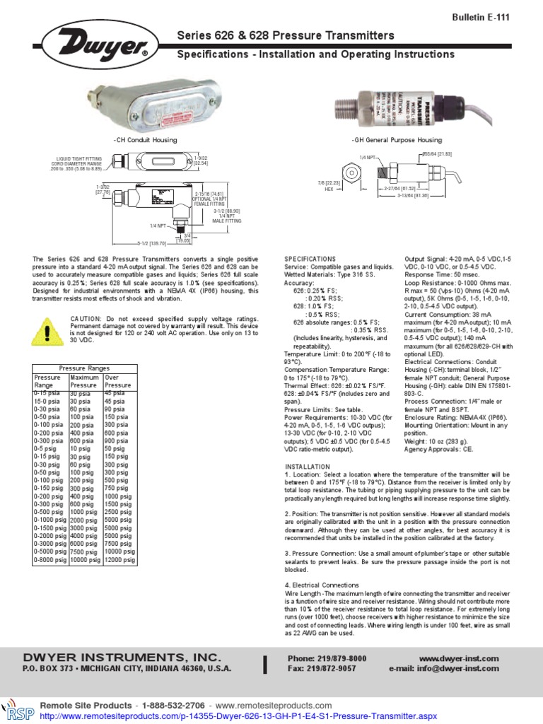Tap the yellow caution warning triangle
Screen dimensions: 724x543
click(47, 329)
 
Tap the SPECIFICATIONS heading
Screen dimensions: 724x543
click(310, 259)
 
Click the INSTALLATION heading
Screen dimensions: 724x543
click(308, 467)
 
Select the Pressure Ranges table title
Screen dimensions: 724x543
click(84, 369)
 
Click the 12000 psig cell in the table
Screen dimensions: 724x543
click(119, 560)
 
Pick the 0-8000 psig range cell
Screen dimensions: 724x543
click(50, 560)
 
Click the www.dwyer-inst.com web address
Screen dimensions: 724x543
click(464, 658)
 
